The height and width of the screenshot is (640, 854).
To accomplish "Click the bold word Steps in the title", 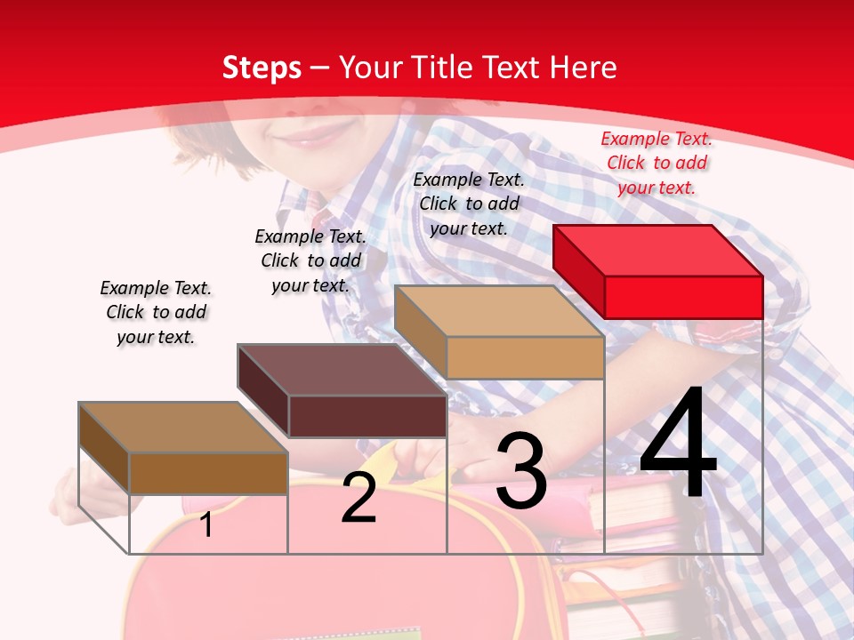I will (262, 68).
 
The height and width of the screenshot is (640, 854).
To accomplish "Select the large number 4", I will (678, 444).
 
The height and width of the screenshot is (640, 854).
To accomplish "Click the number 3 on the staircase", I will (520, 472).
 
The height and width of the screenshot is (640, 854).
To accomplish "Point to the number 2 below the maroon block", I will (359, 498).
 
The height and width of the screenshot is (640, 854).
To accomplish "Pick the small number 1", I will (206, 524).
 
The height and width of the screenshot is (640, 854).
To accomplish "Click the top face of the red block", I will (658, 250).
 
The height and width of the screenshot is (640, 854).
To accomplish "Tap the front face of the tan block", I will (525, 357).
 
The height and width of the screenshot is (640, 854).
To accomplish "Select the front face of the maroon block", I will (367, 416).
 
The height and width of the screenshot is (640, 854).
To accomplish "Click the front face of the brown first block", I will (208, 473).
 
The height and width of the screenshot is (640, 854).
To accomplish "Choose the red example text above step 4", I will (657, 163).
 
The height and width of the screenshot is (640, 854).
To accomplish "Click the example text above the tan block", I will (469, 204).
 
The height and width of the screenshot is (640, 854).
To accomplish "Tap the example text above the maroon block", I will (310, 260).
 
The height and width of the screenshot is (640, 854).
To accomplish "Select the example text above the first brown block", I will (156, 312).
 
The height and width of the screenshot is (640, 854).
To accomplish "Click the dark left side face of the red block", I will (578, 270).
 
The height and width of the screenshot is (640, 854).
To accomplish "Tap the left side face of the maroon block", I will (263, 388).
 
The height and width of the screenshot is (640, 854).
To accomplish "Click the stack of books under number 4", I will (640, 551).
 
